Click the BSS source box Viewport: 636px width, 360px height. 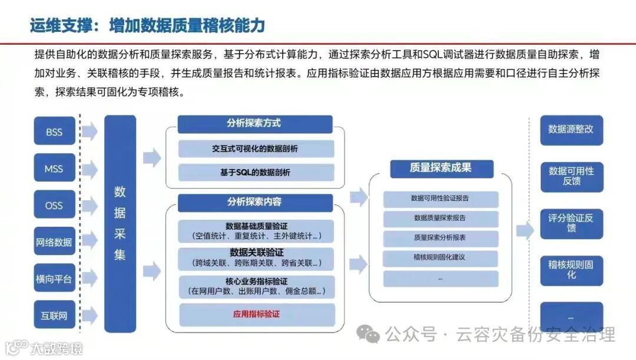(54, 133)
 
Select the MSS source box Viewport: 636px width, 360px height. (54, 169)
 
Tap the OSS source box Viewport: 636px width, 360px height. (54, 206)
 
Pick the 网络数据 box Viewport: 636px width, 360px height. (54, 242)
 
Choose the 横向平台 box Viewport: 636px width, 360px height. (54, 279)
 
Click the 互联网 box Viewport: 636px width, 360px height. (54, 315)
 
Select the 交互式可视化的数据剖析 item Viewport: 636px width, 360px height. (255, 148)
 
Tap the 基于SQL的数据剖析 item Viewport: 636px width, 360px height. (255, 173)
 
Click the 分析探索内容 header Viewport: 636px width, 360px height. (254, 202)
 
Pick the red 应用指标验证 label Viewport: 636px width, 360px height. (256, 314)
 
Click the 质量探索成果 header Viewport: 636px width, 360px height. (440, 168)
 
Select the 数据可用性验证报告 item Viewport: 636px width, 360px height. (440, 199)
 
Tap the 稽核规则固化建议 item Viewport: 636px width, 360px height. (440, 257)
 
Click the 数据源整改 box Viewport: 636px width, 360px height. (571, 130)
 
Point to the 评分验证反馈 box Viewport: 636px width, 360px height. (571, 223)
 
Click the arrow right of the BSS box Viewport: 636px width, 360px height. (90, 132)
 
